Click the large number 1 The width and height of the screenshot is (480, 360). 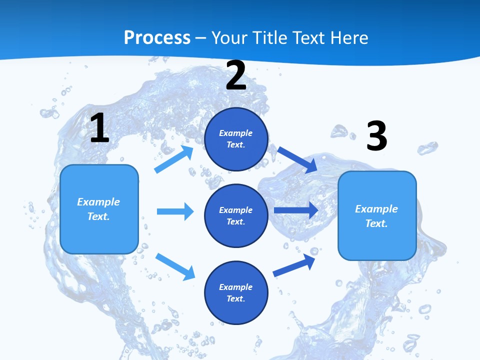(x=99, y=128)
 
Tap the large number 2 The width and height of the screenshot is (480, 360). (x=236, y=76)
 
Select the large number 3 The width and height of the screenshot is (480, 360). (x=376, y=136)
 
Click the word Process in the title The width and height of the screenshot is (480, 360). (x=157, y=37)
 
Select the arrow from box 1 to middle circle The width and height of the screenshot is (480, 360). (x=175, y=211)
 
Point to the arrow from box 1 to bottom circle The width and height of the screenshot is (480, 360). (x=175, y=266)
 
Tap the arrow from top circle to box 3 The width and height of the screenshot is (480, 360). (x=297, y=159)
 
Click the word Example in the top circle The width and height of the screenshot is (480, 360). (x=236, y=133)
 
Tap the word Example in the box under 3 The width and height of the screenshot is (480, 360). (x=376, y=209)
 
